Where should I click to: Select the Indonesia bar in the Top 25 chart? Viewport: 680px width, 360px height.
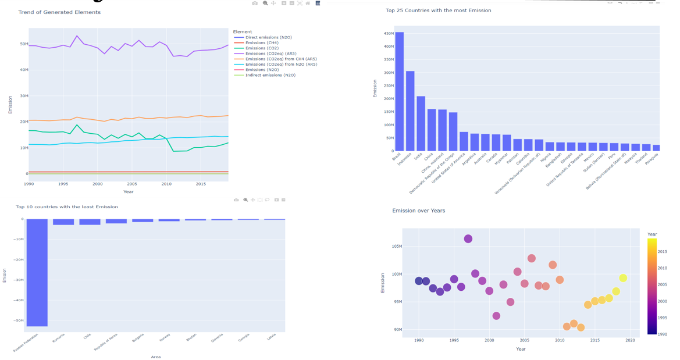coord(410,111)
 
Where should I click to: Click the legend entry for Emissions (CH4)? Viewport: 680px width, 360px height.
coord(262,43)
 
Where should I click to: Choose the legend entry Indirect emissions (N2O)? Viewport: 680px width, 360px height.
coord(270,75)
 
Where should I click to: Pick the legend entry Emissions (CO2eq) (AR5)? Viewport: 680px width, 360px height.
coord(270,54)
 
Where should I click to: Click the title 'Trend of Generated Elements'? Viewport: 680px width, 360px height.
coord(59,12)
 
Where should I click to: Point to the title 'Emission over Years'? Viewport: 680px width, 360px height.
coord(418,211)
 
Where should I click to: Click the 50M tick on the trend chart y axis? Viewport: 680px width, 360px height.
coord(24,44)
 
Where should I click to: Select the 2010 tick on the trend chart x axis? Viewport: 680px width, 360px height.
coord(166,184)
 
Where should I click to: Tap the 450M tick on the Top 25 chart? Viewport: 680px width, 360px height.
coord(388,33)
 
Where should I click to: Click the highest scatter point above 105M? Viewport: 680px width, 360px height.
coord(468,239)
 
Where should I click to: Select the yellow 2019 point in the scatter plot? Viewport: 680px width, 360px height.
coord(623,278)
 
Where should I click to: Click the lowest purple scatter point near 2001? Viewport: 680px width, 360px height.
coord(496,316)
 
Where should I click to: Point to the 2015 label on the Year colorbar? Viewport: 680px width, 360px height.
coord(663,252)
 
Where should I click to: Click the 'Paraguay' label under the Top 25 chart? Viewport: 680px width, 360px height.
coord(652,159)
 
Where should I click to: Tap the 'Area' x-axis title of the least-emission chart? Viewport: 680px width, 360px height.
coord(156,357)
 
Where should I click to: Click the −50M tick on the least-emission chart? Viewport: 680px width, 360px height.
coord(19,320)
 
